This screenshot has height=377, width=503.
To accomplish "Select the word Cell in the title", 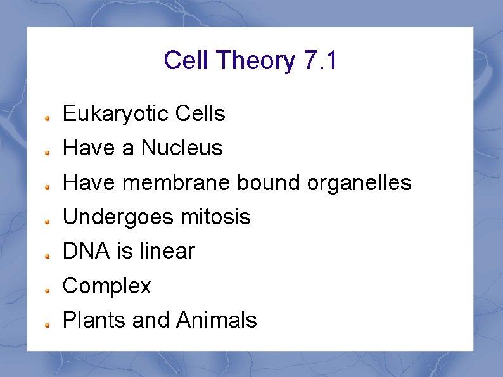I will coord(187,61).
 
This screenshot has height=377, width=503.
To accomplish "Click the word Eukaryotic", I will coord(116,114).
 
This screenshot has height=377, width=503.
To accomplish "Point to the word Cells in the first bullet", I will coord(200,114).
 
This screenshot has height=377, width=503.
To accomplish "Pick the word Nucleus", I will coord(182,148).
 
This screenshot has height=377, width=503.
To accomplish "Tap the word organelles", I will coord(359,183).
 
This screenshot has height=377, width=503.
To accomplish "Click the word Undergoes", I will coord(118,217).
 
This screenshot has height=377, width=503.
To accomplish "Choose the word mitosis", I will coord(215,217).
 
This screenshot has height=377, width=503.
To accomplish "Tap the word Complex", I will coord(107,286).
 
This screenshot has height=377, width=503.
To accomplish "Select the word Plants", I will coord(95,321).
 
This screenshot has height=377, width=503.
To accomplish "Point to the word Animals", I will coord(217,321).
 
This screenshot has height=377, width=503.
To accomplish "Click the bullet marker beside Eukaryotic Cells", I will coord(48,118).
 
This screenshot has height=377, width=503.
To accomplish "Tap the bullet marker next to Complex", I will coord(48,290).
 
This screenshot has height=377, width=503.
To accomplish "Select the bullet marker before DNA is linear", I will coord(48,255).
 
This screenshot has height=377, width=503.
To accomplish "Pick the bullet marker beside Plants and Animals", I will coord(48,324).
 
